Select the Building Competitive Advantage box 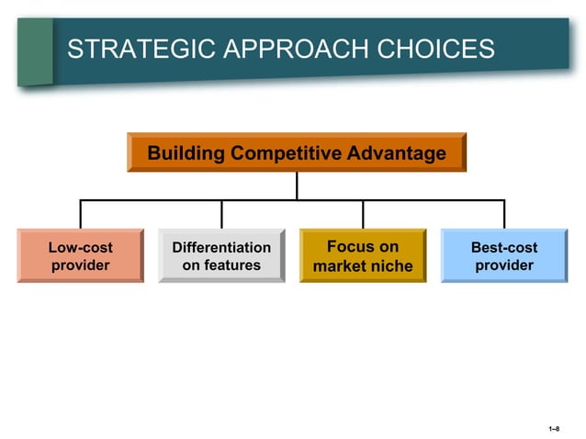point(297,152)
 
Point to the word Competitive point(289,152)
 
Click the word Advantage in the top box point(400,152)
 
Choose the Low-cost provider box point(80,255)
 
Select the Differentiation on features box point(221,255)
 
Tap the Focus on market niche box point(363,255)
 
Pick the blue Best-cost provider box point(504,255)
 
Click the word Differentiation point(221,247)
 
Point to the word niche point(391,266)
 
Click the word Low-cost point(80,247)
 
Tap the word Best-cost point(504,247)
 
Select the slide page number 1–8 point(554,429)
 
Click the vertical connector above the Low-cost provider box point(80,213)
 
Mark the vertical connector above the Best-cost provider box point(504,213)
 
